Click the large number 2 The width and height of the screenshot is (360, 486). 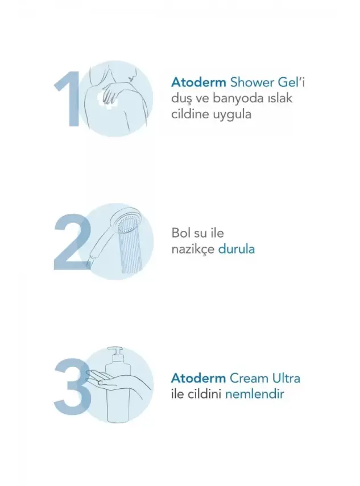(72, 242)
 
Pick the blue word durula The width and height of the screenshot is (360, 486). (237, 249)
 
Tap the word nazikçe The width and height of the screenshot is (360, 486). (193, 249)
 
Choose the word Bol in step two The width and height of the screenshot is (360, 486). (181, 233)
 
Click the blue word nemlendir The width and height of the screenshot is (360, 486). (255, 393)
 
